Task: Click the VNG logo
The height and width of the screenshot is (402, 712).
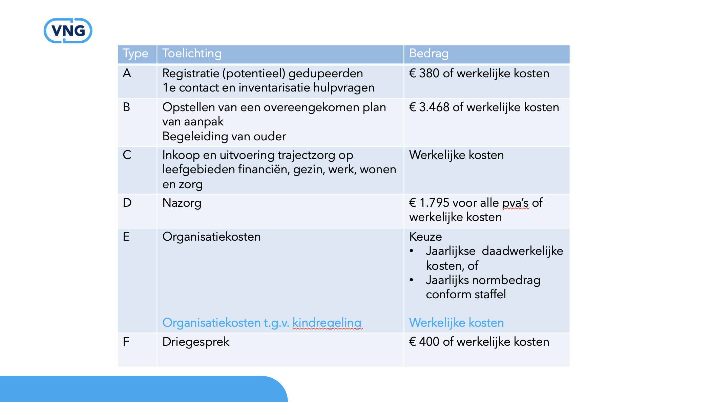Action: [68, 31]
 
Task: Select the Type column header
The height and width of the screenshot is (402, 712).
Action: [135, 54]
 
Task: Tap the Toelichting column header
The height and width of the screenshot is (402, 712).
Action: [192, 54]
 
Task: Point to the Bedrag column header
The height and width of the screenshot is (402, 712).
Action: [429, 54]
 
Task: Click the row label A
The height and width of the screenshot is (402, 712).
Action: [127, 73]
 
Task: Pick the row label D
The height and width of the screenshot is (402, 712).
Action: [127, 203]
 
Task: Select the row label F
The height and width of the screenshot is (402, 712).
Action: [126, 342]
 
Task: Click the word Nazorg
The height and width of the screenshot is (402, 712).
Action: [182, 203]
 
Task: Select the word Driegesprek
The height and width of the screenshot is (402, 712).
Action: [196, 342]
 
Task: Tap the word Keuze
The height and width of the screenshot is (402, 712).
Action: [425, 237]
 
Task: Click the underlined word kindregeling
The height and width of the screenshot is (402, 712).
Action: [327, 323]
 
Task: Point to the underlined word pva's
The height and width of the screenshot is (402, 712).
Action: [515, 203]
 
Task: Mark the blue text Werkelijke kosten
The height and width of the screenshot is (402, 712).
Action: [456, 323]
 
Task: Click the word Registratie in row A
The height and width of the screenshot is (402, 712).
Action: [190, 74]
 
